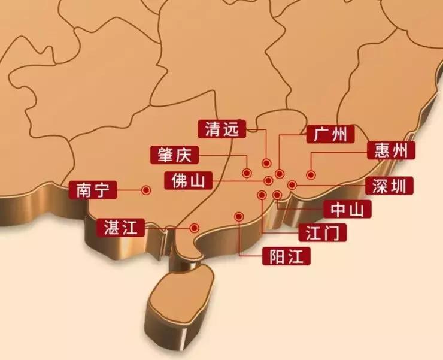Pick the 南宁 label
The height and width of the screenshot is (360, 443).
92,190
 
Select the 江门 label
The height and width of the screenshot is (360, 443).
323,232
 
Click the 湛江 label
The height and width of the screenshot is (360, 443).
120,227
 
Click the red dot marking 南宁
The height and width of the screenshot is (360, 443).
145,190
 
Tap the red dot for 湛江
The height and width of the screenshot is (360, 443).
195,228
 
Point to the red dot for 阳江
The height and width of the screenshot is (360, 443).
239,216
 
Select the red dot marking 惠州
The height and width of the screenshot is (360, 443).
311,175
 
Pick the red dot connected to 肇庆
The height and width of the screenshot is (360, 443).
247,173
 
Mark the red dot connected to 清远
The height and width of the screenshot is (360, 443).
266,163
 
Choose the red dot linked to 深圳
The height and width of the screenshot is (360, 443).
292,185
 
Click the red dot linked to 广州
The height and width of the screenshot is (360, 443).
279,174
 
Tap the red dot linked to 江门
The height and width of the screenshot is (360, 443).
262,195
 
